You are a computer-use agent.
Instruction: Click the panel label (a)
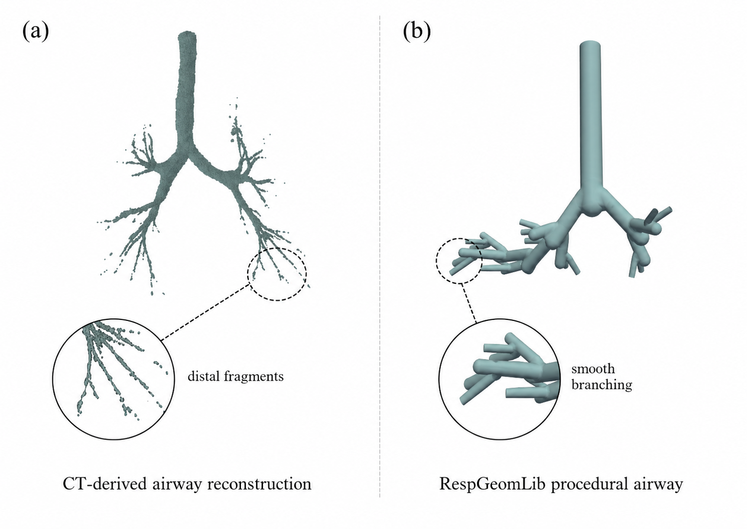pos(36,32)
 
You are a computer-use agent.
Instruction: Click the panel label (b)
pos(416,32)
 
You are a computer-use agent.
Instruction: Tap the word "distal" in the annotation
pos(203,376)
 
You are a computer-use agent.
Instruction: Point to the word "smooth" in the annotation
pos(593,369)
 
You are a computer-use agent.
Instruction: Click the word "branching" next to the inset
pos(602,385)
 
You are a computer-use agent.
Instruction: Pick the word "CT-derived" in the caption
pos(105,483)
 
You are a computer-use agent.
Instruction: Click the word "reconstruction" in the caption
pos(259,483)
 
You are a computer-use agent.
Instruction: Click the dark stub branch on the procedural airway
pos(651,217)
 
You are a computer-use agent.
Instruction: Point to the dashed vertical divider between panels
pos(379,256)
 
